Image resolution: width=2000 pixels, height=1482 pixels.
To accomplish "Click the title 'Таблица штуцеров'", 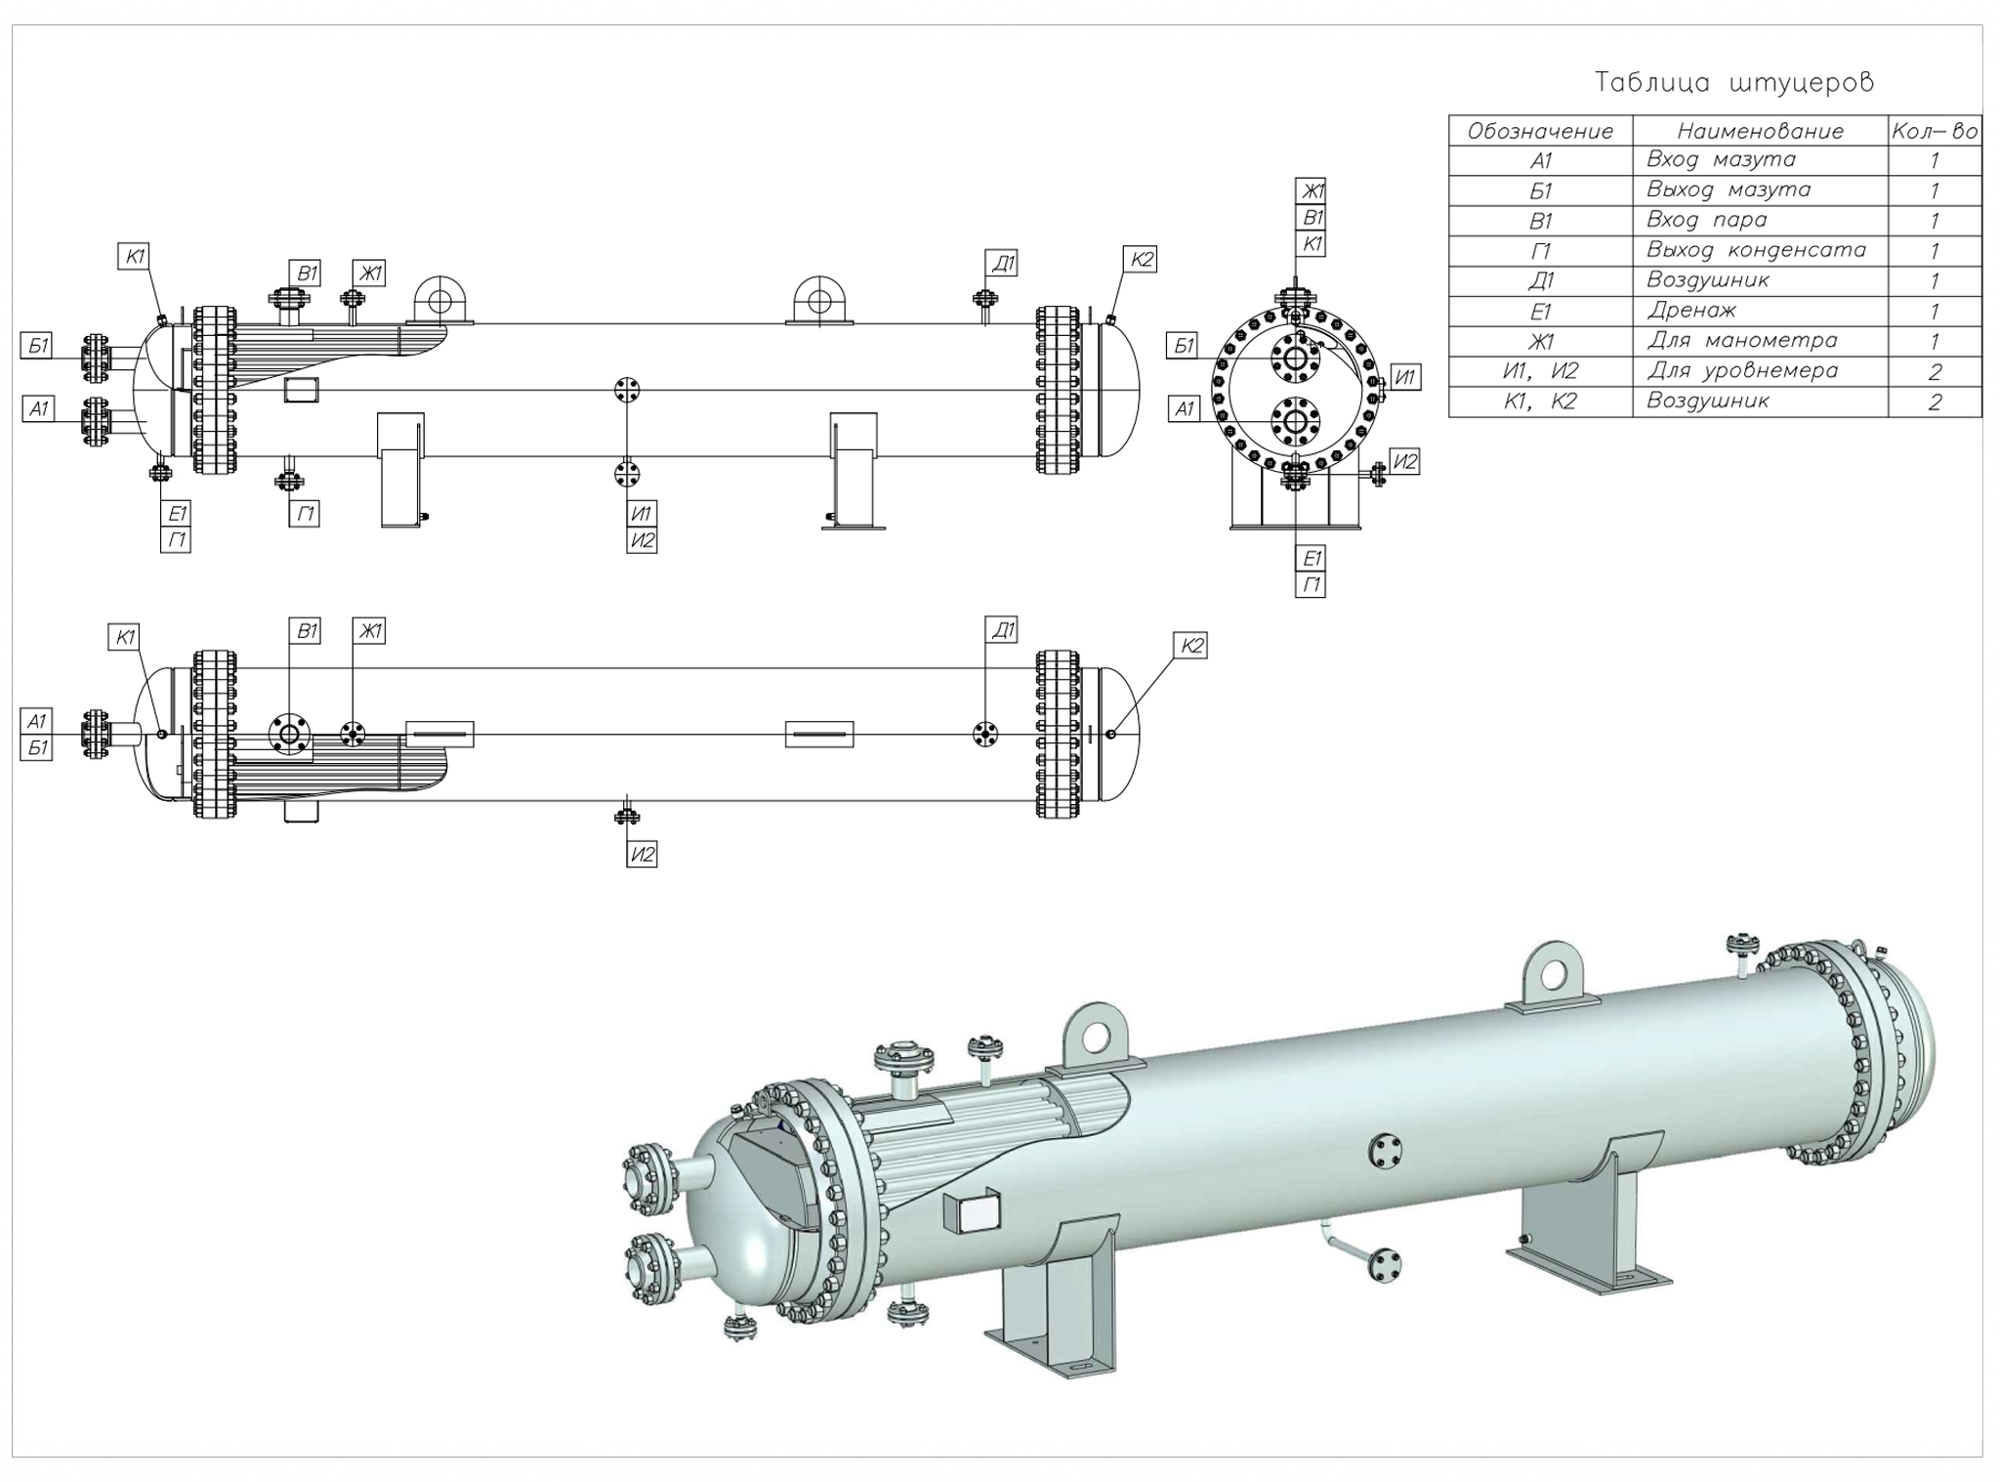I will pos(1733,82).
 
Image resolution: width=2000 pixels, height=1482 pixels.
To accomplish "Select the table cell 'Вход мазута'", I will pos(1721,159).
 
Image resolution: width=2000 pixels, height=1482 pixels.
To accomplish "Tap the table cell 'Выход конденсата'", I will pos(1755,250).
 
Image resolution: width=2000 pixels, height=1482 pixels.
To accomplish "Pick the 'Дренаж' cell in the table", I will pos(1691,311).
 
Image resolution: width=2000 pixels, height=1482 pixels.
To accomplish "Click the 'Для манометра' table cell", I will pos(1741,341).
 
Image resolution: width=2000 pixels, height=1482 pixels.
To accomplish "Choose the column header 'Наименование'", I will pos(1760,131).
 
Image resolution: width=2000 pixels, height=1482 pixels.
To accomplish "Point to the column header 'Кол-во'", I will pos(1935,131).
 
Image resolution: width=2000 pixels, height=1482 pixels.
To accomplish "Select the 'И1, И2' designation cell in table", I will pos(1540,371).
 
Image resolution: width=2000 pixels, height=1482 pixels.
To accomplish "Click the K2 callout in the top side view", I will pos(1142,260).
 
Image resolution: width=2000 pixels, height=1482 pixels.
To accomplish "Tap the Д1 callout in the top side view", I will pos(1003,263).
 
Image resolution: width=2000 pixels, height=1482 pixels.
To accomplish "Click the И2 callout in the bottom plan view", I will pos(642,855).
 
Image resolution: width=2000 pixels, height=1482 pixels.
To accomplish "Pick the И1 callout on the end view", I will pos(1405,377).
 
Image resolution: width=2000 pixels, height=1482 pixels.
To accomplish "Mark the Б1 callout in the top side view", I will pos(37,346).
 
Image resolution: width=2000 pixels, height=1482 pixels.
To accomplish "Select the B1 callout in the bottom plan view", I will pos(307,631).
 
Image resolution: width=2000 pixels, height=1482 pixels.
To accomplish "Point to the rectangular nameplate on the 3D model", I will pos(972,1212).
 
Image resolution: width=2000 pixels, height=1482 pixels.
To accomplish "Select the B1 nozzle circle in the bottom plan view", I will pos(288,733).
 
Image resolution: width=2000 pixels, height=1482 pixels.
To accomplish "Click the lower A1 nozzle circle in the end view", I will pos(1295,421).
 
